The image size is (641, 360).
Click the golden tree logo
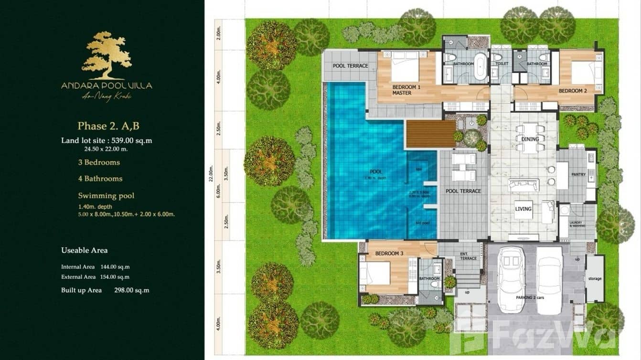107,55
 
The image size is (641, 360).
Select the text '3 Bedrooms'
99,162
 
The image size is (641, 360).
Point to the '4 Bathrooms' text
100,179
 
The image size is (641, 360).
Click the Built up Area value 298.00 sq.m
132,290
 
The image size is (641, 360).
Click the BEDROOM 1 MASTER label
406,90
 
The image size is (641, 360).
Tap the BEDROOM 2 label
573,91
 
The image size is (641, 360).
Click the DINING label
530,139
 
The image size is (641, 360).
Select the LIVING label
523,209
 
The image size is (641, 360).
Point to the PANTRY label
578,175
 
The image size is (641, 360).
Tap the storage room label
595,278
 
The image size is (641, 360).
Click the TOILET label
502,64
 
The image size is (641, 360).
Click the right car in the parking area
549,279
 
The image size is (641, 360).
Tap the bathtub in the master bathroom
480,66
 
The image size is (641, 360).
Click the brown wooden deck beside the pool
430,134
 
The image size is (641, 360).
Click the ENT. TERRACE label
468,256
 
